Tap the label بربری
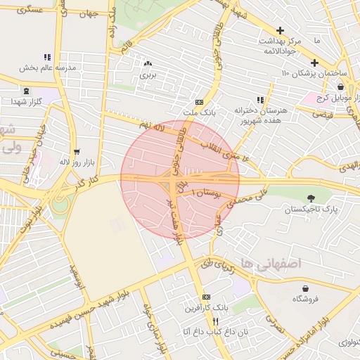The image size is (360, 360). pyautogui.click(x=147, y=73)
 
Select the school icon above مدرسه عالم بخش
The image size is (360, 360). pyautogui.click(x=47, y=57)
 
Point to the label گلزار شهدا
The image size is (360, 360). pyautogui.click(x=27, y=102)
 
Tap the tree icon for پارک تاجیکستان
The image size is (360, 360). pyautogui.click(x=311, y=198)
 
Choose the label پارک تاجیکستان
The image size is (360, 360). pyautogui.click(x=311, y=210)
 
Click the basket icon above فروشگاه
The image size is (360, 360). pyautogui.click(x=306, y=288)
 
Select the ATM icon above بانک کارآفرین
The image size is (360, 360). pyautogui.click(x=206, y=297)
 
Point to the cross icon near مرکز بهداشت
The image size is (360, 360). pyautogui.click(x=281, y=30)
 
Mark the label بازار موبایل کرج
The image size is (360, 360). pyautogui.click(x=327, y=97)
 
